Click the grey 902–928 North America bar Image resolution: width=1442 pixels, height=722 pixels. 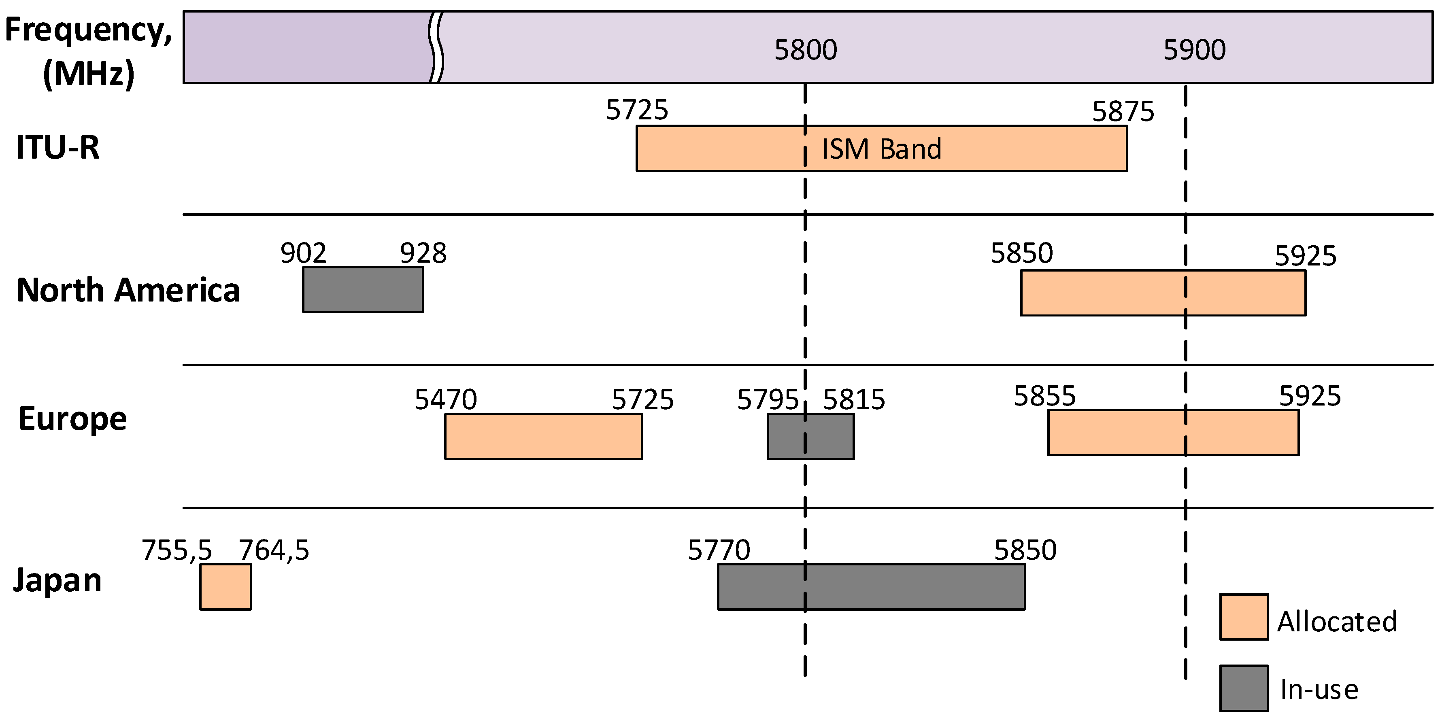[363, 289]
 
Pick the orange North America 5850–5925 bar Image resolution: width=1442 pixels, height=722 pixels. [1163, 293]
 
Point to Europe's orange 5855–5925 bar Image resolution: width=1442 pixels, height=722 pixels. [1173, 432]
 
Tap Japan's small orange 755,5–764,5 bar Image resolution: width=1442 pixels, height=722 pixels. [225, 586]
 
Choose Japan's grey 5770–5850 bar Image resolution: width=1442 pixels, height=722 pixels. [871, 586]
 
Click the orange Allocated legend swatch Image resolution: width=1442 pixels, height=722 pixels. [1244, 617]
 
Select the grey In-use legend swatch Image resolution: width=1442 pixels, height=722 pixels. [1244, 688]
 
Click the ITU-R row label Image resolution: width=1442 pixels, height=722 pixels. [57, 147]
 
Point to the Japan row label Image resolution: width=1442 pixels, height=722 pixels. [57, 580]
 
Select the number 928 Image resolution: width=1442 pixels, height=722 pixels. [423, 253]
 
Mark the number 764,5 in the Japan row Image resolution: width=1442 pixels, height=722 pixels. [274, 550]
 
